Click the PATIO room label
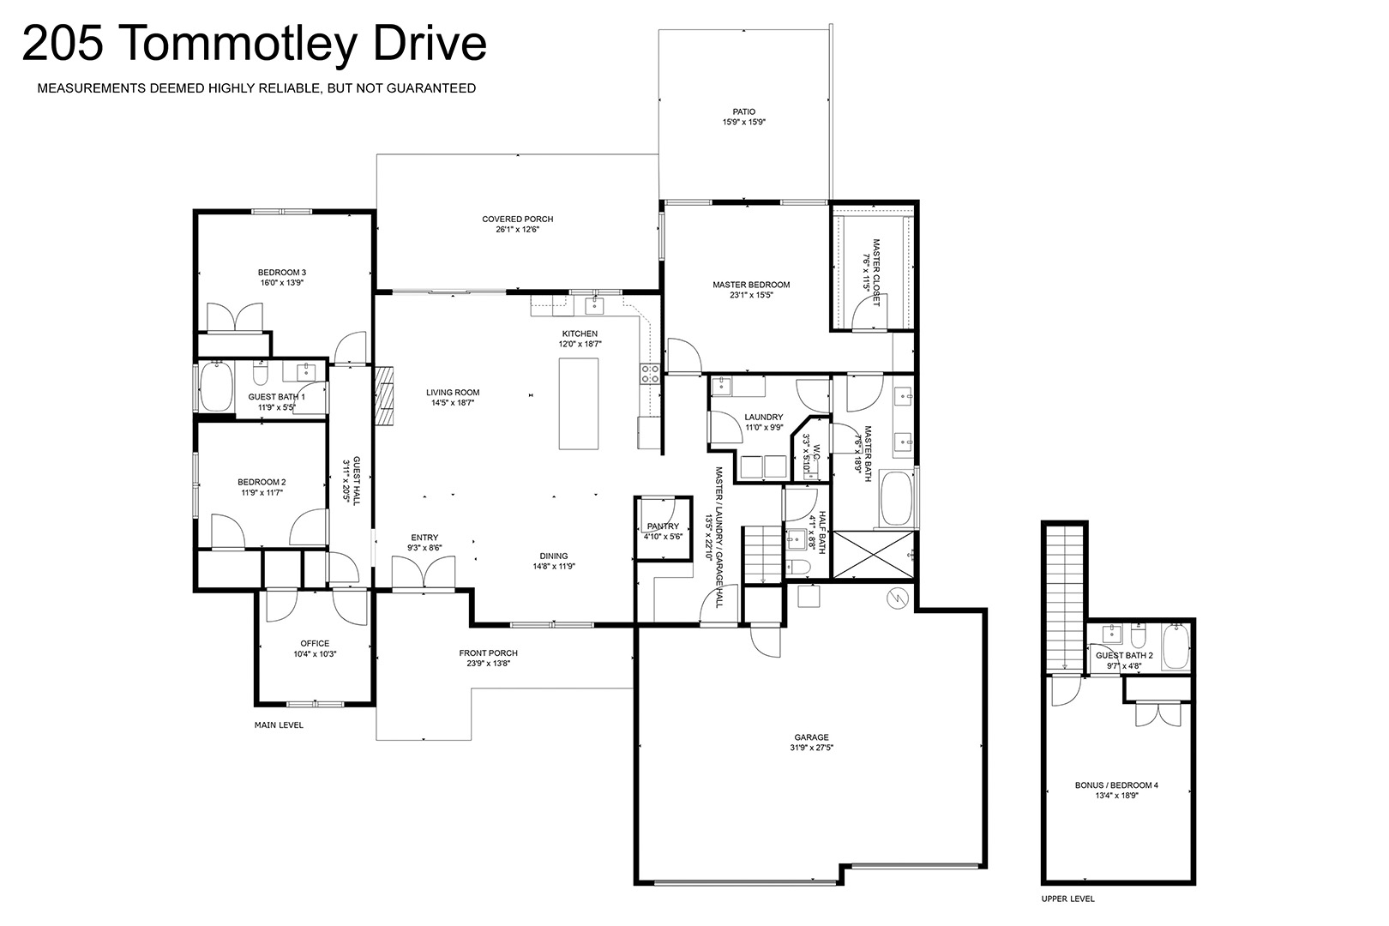tap(744, 111)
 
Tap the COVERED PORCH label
tap(518, 219)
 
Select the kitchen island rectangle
tap(579, 403)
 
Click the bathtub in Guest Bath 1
tap(216, 387)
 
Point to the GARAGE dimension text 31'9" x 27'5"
tap(811, 748)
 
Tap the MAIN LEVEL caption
tap(279, 725)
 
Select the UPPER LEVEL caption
tap(1067, 898)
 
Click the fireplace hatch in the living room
tap(384, 396)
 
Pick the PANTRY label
tap(663, 526)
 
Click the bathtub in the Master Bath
tap(897, 499)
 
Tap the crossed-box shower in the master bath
tap(873, 555)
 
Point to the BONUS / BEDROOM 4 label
tap(1116, 785)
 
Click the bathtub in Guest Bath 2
tap(1176, 646)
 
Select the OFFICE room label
tap(315, 643)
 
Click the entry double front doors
tap(424, 572)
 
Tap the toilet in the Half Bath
tap(799, 566)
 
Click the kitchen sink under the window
tap(595, 305)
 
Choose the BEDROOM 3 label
tap(282, 272)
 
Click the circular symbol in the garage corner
tap(897, 598)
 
